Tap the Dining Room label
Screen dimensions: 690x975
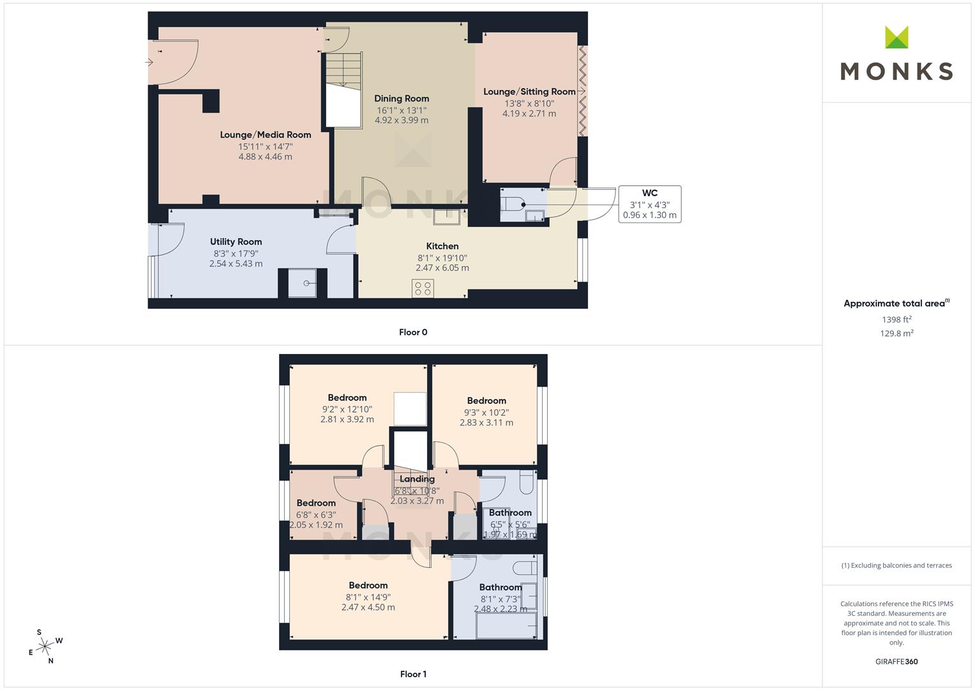pyautogui.click(x=402, y=98)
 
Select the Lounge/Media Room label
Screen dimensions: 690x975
pyautogui.click(x=266, y=135)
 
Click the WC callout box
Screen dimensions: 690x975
pyautogui.click(x=649, y=204)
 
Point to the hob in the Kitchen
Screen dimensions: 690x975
pyautogui.click(x=423, y=288)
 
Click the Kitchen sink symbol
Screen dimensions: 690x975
pyautogui.click(x=446, y=217)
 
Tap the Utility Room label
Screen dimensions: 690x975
pyautogui.click(x=236, y=241)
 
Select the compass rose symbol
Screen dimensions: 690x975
pyautogui.click(x=45, y=647)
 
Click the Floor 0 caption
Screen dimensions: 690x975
pyautogui.click(x=413, y=332)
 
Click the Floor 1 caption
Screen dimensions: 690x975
pyautogui.click(x=413, y=674)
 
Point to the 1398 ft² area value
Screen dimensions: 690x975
pyautogui.click(x=896, y=319)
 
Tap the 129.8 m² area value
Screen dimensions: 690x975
pyautogui.click(x=896, y=333)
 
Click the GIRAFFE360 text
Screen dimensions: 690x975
pyautogui.click(x=896, y=661)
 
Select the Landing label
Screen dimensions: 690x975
pyautogui.click(x=417, y=479)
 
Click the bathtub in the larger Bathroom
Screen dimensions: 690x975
pyautogui.click(x=506, y=629)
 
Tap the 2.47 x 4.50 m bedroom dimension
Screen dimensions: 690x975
pyautogui.click(x=368, y=608)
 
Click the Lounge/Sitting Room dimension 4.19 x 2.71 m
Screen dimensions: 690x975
pyautogui.click(x=529, y=114)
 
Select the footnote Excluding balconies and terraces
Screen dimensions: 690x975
pyautogui.click(x=896, y=565)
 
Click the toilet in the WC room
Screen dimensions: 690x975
pyautogui.click(x=511, y=204)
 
